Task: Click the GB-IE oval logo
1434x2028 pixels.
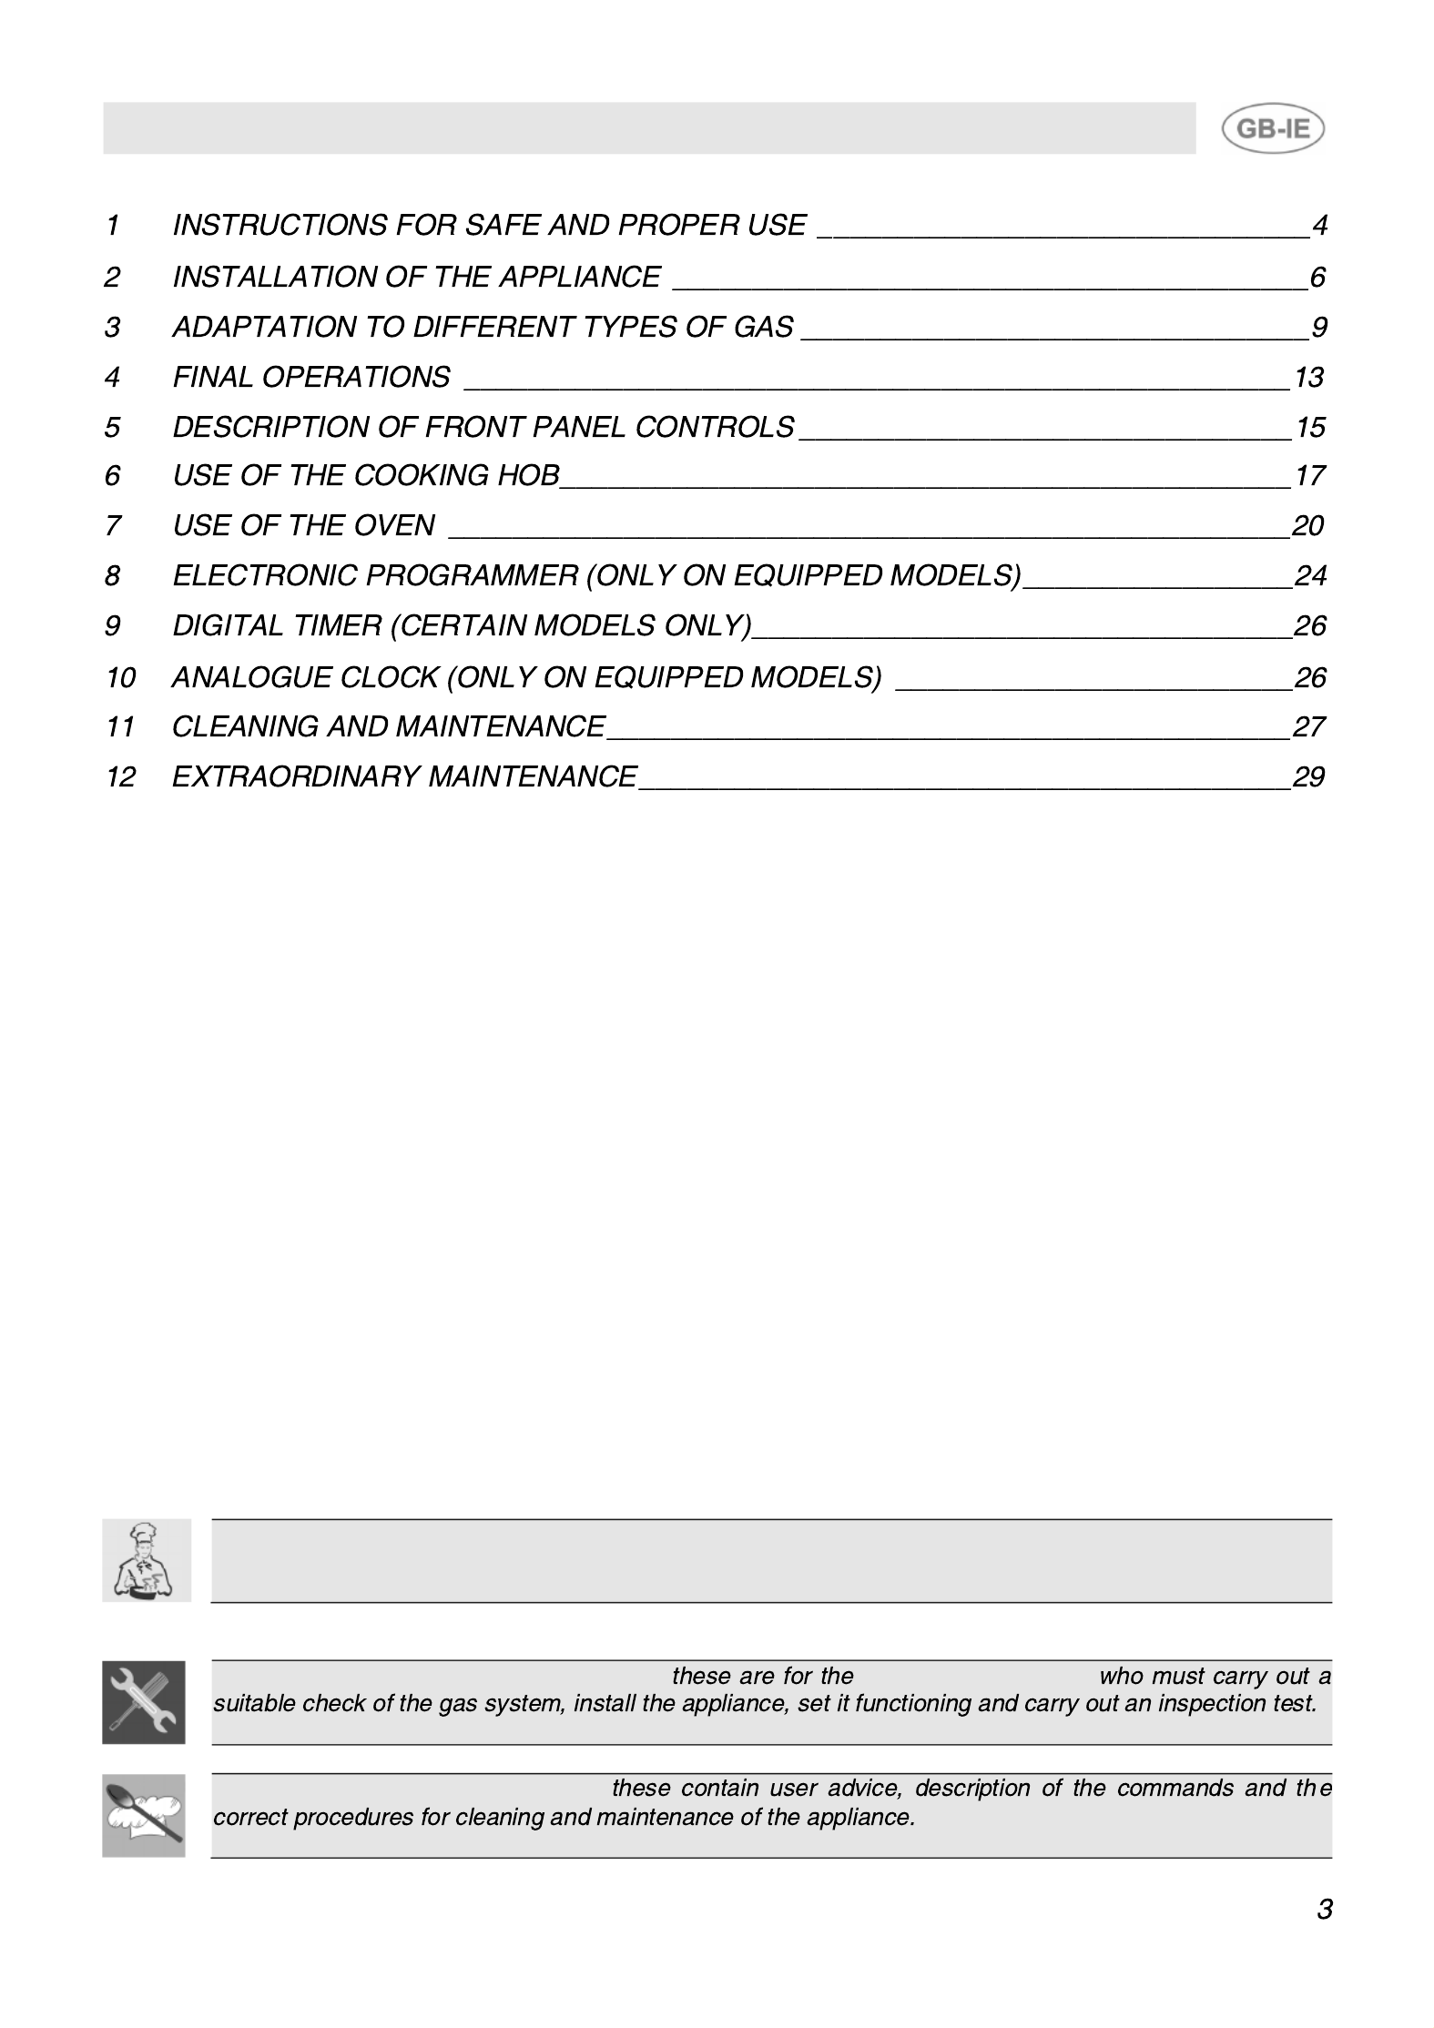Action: pyautogui.click(x=1271, y=129)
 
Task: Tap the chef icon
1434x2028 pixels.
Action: pyautogui.click(x=147, y=1561)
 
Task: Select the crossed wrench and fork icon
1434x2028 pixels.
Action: pyautogui.click(x=144, y=1702)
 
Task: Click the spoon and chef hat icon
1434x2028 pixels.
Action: pyautogui.click(x=144, y=1815)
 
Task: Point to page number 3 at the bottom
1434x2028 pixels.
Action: pyautogui.click(x=1324, y=1909)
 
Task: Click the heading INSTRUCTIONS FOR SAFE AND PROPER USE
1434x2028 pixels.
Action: pyautogui.click(x=489, y=225)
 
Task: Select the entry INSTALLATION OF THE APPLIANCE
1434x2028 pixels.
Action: pyautogui.click(x=416, y=277)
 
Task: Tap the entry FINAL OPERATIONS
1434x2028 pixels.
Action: pyautogui.click(x=311, y=377)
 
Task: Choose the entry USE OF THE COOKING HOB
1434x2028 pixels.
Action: pyautogui.click(x=366, y=475)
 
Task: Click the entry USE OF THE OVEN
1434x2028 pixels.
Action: pyautogui.click(x=304, y=525)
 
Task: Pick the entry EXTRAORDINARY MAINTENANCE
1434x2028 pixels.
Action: pyautogui.click(x=404, y=776)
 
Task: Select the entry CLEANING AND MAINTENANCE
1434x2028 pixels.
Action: pyautogui.click(x=389, y=726)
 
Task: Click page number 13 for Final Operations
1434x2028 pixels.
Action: pyautogui.click(x=1308, y=377)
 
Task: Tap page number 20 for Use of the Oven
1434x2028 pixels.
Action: pyautogui.click(x=1307, y=525)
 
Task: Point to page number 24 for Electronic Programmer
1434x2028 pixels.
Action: pyautogui.click(x=1310, y=575)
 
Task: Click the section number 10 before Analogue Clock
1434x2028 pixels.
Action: pyautogui.click(x=120, y=677)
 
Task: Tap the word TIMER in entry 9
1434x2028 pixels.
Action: pyautogui.click(x=336, y=625)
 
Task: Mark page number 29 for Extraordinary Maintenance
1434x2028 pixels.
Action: pyautogui.click(x=1308, y=776)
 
